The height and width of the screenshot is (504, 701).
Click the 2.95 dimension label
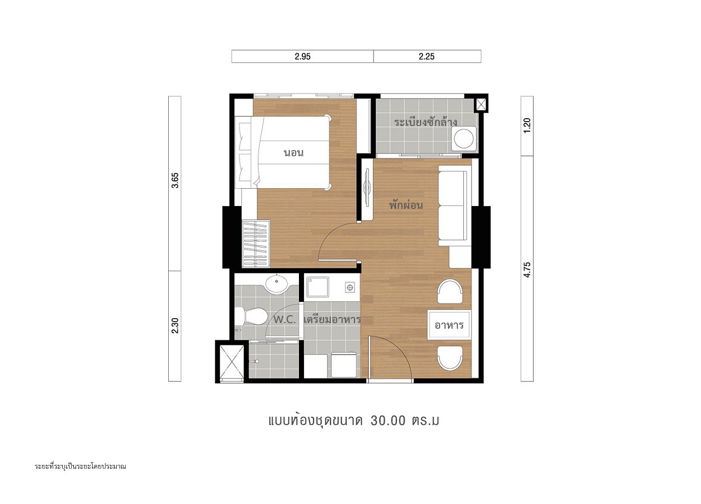tap(302, 57)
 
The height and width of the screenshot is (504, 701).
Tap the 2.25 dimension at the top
tap(427, 57)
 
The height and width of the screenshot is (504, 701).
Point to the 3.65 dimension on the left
tap(175, 180)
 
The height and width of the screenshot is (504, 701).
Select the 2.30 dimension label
tap(175, 325)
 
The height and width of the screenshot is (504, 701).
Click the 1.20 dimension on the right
tap(527, 125)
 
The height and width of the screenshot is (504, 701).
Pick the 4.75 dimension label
tap(527, 270)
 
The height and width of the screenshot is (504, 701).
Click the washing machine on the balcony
tap(463, 139)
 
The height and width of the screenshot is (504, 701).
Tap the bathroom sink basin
tap(276, 284)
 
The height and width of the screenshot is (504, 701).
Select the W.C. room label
tap(284, 320)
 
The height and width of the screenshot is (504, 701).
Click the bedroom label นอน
tap(293, 153)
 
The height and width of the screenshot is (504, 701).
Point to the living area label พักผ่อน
tap(406, 205)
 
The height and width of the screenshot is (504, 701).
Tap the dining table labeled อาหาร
tap(449, 325)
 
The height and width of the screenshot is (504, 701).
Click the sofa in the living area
tap(455, 206)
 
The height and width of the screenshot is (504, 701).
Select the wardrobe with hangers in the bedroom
tap(256, 244)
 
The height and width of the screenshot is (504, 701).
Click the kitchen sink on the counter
tap(317, 287)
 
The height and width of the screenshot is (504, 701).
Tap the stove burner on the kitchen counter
tap(350, 287)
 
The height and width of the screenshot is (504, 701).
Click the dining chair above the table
tap(450, 291)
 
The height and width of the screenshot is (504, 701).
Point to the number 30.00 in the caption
tap(388, 421)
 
